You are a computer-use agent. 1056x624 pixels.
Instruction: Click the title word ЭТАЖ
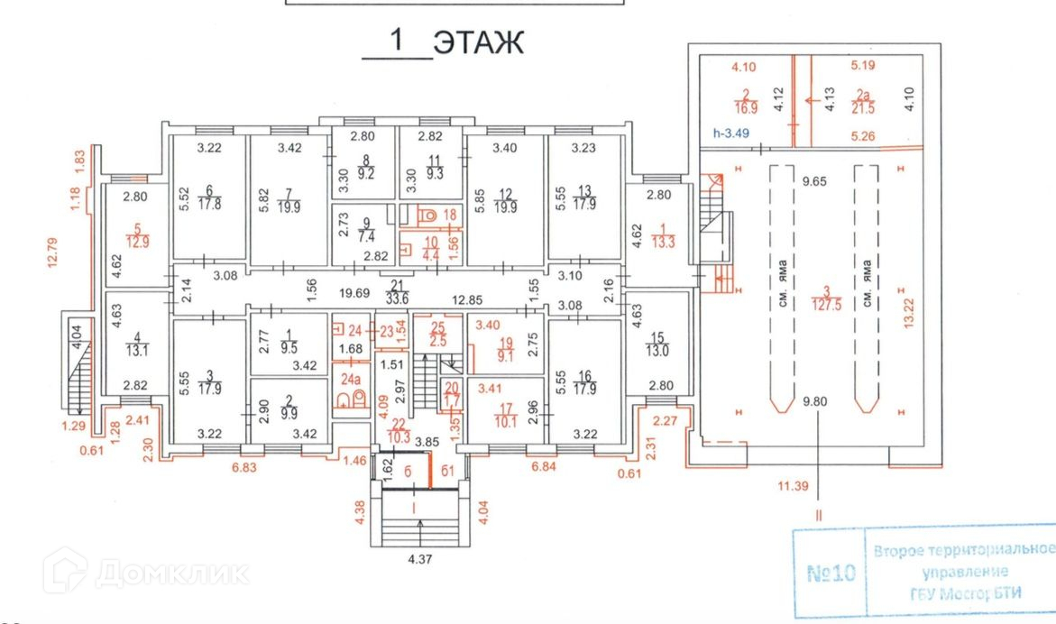pos(478,42)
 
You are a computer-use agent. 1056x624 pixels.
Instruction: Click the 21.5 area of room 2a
pos(863,108)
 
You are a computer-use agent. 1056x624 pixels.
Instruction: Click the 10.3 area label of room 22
pos(399,437)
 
